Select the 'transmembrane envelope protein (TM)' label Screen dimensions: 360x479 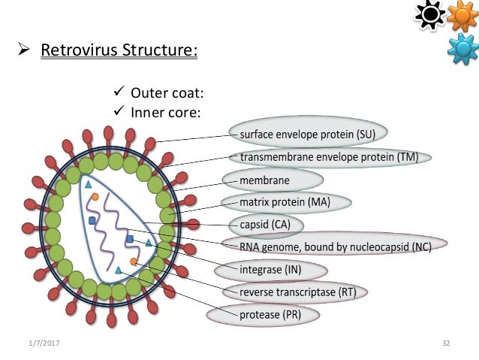point(330,158)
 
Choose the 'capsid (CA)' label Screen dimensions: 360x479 point(265,224)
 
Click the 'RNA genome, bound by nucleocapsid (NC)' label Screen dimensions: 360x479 point(335,246)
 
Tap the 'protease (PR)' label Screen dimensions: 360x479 point(270,313)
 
